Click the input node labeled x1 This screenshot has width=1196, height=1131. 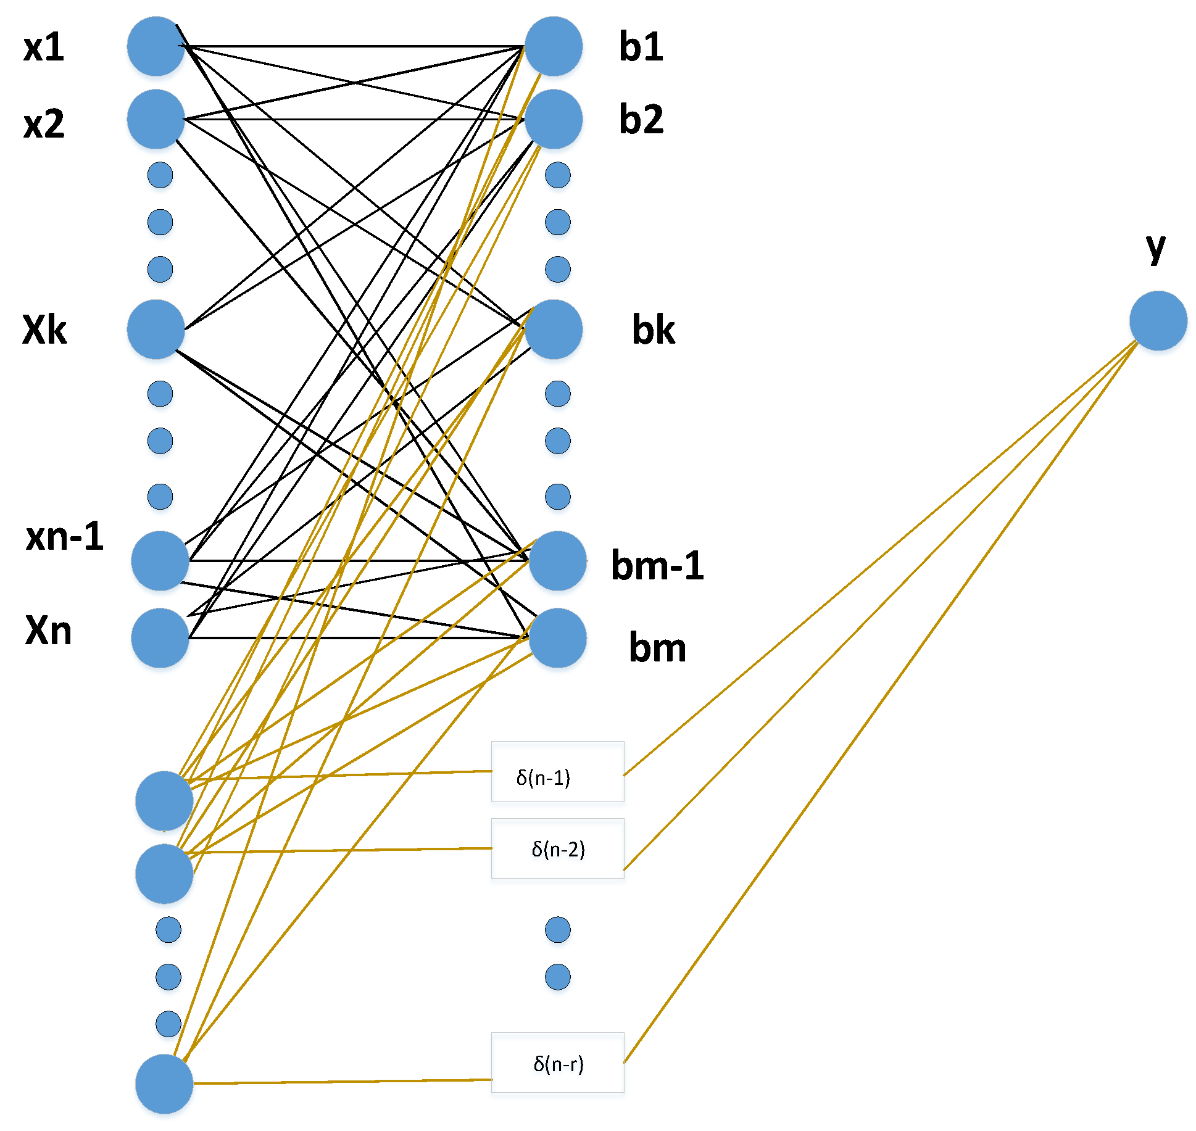[156, 46]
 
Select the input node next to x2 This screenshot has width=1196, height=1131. [156, 119]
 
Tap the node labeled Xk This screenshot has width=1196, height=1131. [156, 329]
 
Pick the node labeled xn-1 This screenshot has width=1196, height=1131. [160, 561]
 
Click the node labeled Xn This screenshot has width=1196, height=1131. [160, 638]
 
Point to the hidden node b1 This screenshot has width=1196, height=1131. [554, 46]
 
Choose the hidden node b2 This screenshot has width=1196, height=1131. [554, 119]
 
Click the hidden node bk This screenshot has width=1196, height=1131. [554, 329]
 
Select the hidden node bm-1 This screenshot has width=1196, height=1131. [557, 561]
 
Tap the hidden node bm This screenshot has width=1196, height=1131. [557, 638]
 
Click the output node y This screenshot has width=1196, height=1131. [1158, 321]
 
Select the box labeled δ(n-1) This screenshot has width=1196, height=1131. [557, 771]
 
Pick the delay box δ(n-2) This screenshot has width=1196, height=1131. [557, 848]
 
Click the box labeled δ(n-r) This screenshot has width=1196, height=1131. [557, 1063]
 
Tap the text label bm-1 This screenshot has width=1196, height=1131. [657, 565]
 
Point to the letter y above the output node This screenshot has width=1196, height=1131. [1155, 248]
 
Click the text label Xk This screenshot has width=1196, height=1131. [44, 329]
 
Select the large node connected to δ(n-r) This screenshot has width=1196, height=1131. [164, 1084]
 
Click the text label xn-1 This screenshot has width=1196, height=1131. [65, 536]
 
